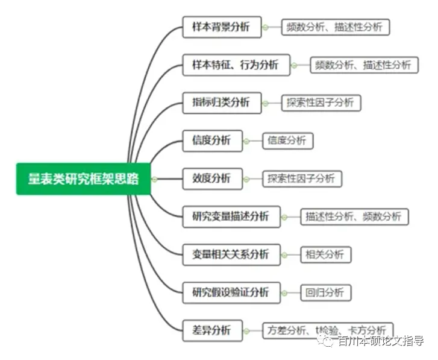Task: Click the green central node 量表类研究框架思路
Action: (x=83, y=178)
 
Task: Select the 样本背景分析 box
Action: (x=222, y=27)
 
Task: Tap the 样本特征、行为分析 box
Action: (x=236, y=65)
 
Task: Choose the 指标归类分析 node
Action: (x=222, y=103)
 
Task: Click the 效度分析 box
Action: (x=212, y=178)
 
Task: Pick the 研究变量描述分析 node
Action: (x=231, y=216)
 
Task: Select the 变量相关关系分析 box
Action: (x=231, y=254)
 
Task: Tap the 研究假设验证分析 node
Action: (x=231, y=292)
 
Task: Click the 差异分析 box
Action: (x=212, y=330)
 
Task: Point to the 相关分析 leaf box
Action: (x=325, y=254)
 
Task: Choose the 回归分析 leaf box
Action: (x=325, y=292)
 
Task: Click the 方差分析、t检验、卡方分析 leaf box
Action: (x=328, y=330)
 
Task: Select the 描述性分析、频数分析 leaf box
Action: (x=354, y=216)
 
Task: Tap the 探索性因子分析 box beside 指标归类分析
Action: (x=321, y=103)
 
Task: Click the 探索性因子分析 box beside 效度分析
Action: (x=302, y=178)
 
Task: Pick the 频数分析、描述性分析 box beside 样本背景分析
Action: (x=335, y=27)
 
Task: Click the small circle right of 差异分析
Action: (x=246, y=330)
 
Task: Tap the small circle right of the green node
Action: (x=155, y=178)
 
